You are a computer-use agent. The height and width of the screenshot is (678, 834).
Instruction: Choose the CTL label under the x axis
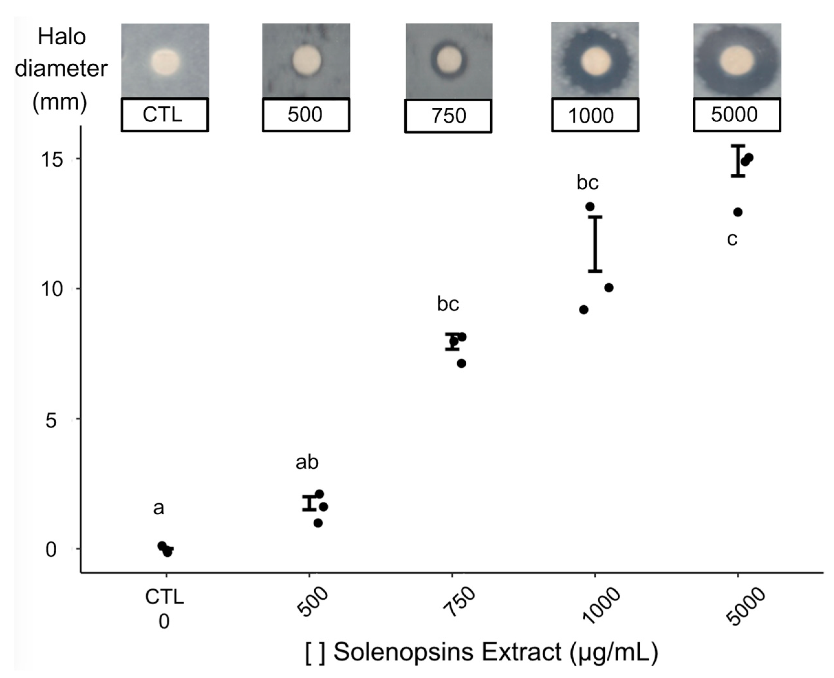[164, 597]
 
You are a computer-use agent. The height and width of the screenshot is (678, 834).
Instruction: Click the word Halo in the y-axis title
[62, 38]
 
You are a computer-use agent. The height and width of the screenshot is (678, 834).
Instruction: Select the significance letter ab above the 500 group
[307, 463]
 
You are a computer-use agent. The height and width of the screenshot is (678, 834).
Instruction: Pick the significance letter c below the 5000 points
[732, 239]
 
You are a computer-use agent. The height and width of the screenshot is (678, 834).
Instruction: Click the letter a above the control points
[158, 508]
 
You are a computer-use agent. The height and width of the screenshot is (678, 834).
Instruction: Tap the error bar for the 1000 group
[595, 244]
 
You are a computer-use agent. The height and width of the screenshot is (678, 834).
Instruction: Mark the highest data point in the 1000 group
[590, 207]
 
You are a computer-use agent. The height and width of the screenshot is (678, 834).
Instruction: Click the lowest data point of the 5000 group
[738, 213]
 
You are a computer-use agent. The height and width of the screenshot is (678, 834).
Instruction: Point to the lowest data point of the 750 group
[461, 364]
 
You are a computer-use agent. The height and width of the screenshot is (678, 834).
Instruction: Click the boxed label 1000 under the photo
[595, 115]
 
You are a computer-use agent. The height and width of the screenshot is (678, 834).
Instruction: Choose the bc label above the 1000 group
[588, 183]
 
